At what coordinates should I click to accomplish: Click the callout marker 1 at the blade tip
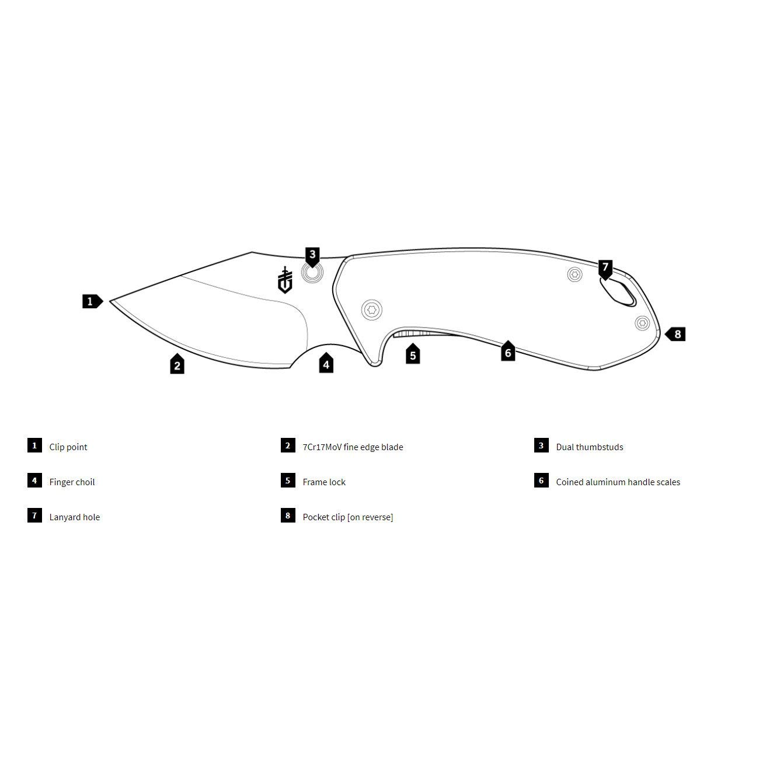[x=91, y=302]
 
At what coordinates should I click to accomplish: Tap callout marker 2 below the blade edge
[x=177, y=365]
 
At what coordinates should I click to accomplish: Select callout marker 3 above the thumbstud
[x=312, y=255]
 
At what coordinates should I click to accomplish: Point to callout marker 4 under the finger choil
[x=326, y=364]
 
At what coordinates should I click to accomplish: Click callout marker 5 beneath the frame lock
[x=413, y=355]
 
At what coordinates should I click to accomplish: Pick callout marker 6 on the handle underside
[x=508, y=352]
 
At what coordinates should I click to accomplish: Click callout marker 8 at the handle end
[x=677, y=335]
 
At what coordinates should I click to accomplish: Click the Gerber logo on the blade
[x=284, y=280]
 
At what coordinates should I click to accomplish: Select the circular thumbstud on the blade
[x=312, y=273]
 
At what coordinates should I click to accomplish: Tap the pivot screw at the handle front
[x=371, y=310]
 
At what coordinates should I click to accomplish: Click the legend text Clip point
[x=68, y=447]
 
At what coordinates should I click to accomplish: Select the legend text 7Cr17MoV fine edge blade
[x=353, y=447]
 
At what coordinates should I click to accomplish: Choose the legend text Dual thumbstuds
[x=589, y=447]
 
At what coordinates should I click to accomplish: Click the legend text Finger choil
[x=72, y=482]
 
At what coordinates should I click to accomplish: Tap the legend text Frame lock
[x=324, y=482]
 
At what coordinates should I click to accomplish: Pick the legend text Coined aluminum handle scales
[x=618, y=482]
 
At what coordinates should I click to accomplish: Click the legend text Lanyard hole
[x=74, y=517]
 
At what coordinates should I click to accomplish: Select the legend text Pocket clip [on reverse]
[x=347, y=517]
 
